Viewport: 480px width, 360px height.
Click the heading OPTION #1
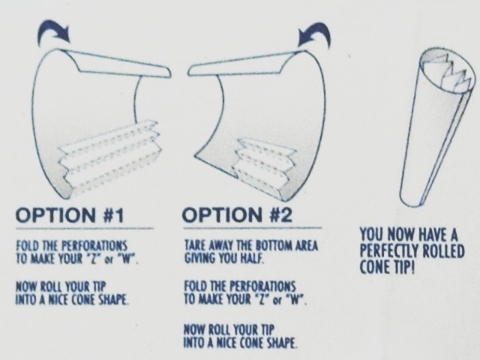[70, 215]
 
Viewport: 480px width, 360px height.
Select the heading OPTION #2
[237, 214]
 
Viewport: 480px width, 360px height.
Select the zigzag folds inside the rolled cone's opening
[452, 73]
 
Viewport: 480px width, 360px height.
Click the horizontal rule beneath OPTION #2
[253, 228]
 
